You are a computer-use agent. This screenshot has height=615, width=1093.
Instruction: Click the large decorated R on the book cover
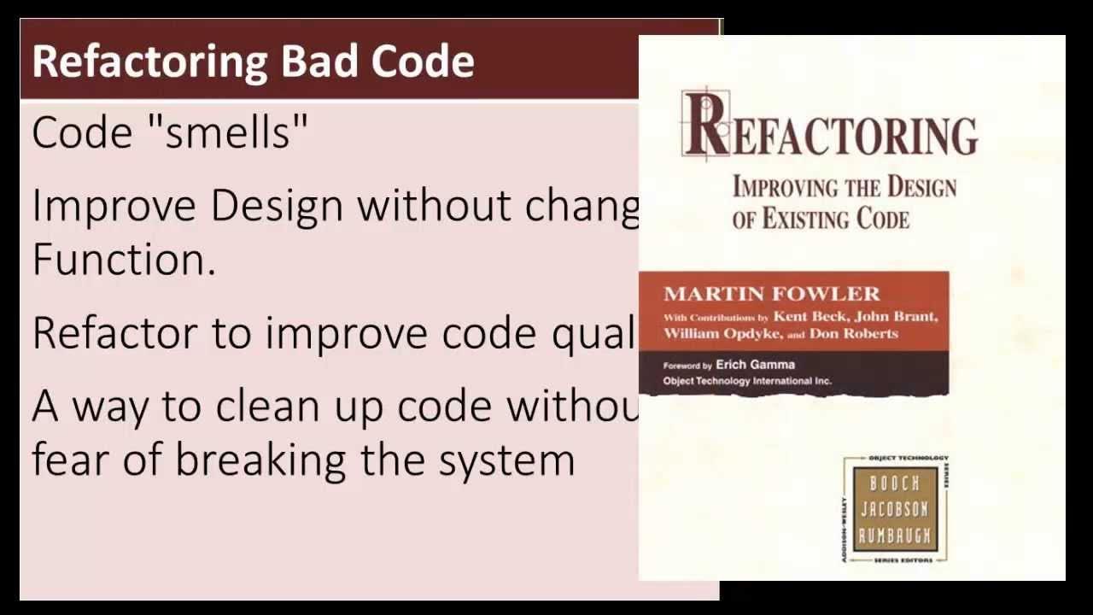pyautogui.click(x=705, y=126)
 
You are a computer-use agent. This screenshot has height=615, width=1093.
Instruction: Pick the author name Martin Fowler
pyautogui.click(x=771, y=294)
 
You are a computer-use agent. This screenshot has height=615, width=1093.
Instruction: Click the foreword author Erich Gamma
pyautogui.click(x=755, y=365)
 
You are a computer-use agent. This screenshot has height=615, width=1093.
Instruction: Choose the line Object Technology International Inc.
pyautogui.click(x=747, y=381)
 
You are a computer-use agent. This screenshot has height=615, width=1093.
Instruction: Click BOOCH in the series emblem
pyautogui.click(x=894, y=484)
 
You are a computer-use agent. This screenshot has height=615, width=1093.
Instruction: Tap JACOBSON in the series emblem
pyautogui.click(x=894, y=510)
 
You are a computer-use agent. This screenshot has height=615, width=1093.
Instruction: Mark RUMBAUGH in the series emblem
pyautogui.click(x=894, y=536)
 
